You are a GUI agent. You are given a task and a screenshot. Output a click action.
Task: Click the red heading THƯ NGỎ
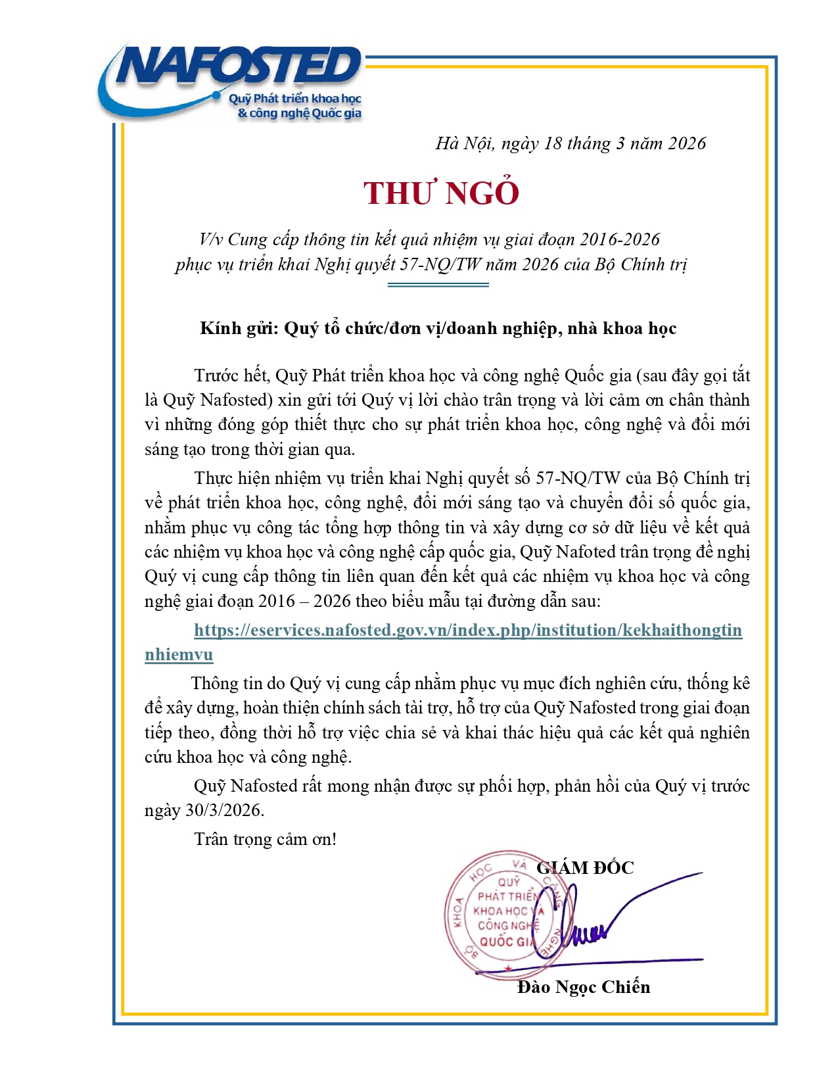[x=442, y=193]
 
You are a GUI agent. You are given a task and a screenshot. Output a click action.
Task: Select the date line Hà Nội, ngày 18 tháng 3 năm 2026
[x=570, y=143]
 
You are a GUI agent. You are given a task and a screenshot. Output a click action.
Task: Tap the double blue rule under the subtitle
[x=438, y=285]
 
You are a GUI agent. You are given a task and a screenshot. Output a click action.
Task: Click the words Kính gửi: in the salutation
[x=240, y=328]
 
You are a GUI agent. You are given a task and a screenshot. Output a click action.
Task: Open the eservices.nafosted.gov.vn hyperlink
[x=468, y=630]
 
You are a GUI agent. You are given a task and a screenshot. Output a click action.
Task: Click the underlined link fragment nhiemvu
[x=179, y=655]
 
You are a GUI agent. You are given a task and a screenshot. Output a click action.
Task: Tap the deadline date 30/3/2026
[x=223, y=810]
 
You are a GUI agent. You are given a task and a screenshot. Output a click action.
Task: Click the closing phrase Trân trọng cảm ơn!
[x=266, y=839]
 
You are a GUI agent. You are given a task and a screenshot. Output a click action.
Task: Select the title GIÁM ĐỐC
[x=585, y=868]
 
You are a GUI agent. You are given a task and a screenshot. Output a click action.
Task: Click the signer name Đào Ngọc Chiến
[x=584, y=987]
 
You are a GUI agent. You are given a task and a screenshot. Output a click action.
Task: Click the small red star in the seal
[x=508, y=968]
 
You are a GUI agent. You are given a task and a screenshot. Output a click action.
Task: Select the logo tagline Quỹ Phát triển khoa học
[x=295, y=99]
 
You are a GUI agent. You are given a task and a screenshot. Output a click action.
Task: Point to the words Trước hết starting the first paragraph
[x=231, y=375]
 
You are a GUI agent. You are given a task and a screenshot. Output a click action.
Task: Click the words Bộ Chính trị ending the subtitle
[x=640, y=264]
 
